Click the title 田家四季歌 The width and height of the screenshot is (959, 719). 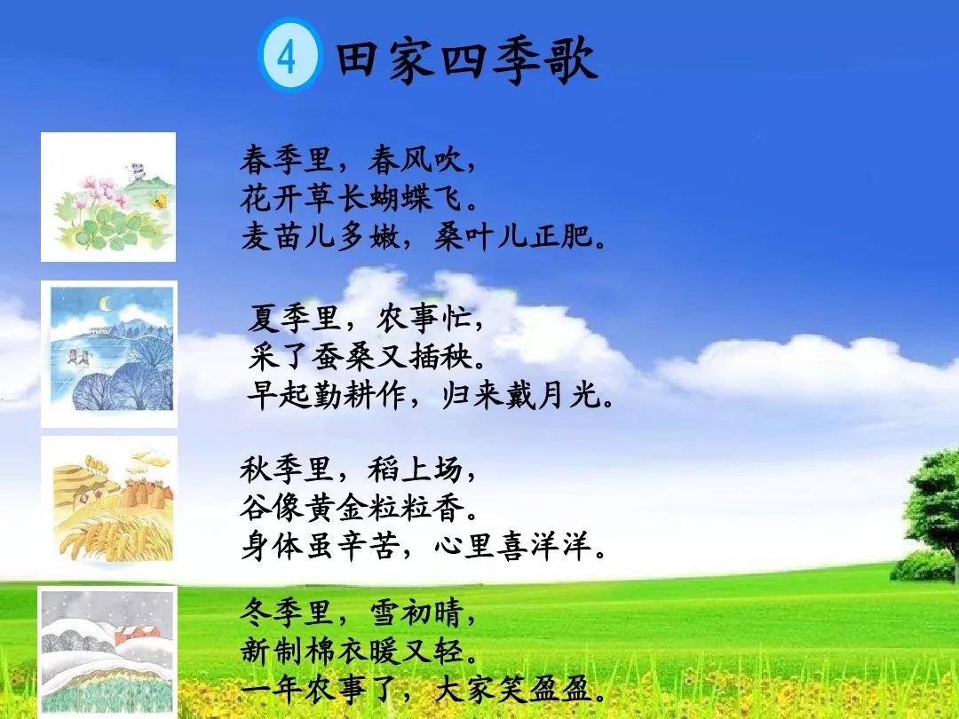click(466, 60)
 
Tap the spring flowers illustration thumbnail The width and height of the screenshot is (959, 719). click(108, 197)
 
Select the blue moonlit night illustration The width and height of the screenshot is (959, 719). click(108, 353)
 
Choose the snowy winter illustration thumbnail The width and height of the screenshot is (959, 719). click(108, 652)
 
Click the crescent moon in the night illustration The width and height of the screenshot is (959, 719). click(106, 304)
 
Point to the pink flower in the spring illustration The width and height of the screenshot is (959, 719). click(91, 186)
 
